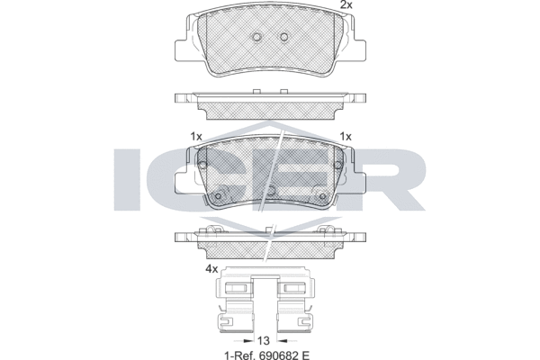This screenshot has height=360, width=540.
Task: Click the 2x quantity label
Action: point(346,4)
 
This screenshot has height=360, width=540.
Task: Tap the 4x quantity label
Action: point(211,269)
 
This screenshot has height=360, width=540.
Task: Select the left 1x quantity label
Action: point(196,137)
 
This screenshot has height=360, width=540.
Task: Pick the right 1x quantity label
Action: point(346,137)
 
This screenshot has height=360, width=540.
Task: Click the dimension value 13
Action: point(263,341)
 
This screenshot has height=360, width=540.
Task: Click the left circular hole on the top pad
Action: point(256,37)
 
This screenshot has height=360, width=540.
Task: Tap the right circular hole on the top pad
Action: point(283,37)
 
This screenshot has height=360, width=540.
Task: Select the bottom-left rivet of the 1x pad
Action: point(218,196)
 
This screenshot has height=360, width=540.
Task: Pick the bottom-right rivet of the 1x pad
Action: point(323,196)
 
